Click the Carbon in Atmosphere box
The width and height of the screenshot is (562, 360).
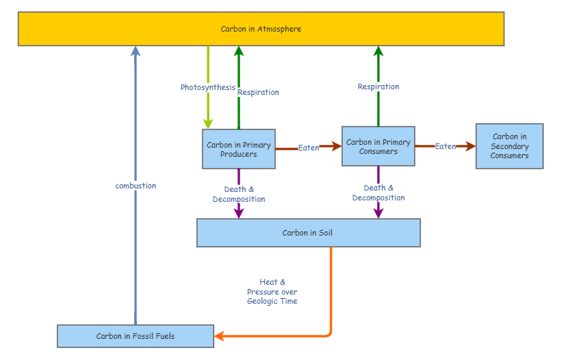pyautogui.click(x=261, y=29)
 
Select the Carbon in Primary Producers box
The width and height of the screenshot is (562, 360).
pyautogui.click(x=239, y=149)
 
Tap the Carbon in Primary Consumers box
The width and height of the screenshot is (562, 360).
pyautogui.click(x=378, y=146)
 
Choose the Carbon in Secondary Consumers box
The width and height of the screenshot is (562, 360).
pyautogui.click(x=509, y=146)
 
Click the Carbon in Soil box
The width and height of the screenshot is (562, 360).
pyautogui.click(x=308, y=233)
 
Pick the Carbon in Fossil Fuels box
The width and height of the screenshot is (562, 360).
pyautogui.click(x=136, y=336)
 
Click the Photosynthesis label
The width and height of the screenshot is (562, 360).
pyautogui.click(x=208, y=87)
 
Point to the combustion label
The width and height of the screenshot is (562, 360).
pyautogui.click(x=136, y=186)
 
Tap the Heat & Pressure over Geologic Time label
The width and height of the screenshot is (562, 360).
pyautogui.click(x=272, y=292)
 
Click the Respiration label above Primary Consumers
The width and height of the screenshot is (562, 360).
pyautogui.click(x=378, y=86)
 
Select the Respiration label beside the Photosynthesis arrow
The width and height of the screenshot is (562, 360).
pyautogui.click(x=258, y=92)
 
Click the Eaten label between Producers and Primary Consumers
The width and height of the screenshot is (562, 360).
pyautogui.click(x=308, y=148)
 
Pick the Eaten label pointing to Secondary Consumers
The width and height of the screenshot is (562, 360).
pyautogui.click(x=445, y=146)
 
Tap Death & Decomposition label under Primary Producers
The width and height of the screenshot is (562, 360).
pyautogui.click(x=239, y=194)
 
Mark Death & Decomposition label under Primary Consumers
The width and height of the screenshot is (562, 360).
pyautogui.click(x=378, y=193)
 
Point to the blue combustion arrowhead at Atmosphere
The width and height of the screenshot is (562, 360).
pyautogui.click(x=136, y=51)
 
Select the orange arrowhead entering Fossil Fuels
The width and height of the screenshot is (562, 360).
pyautogui.click(x=219, y=336)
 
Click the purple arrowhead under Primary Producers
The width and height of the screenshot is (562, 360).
pyautogui.click(x=239, y=212)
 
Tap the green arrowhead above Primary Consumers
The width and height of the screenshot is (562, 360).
pyautogui.click(x=378, y=51)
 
